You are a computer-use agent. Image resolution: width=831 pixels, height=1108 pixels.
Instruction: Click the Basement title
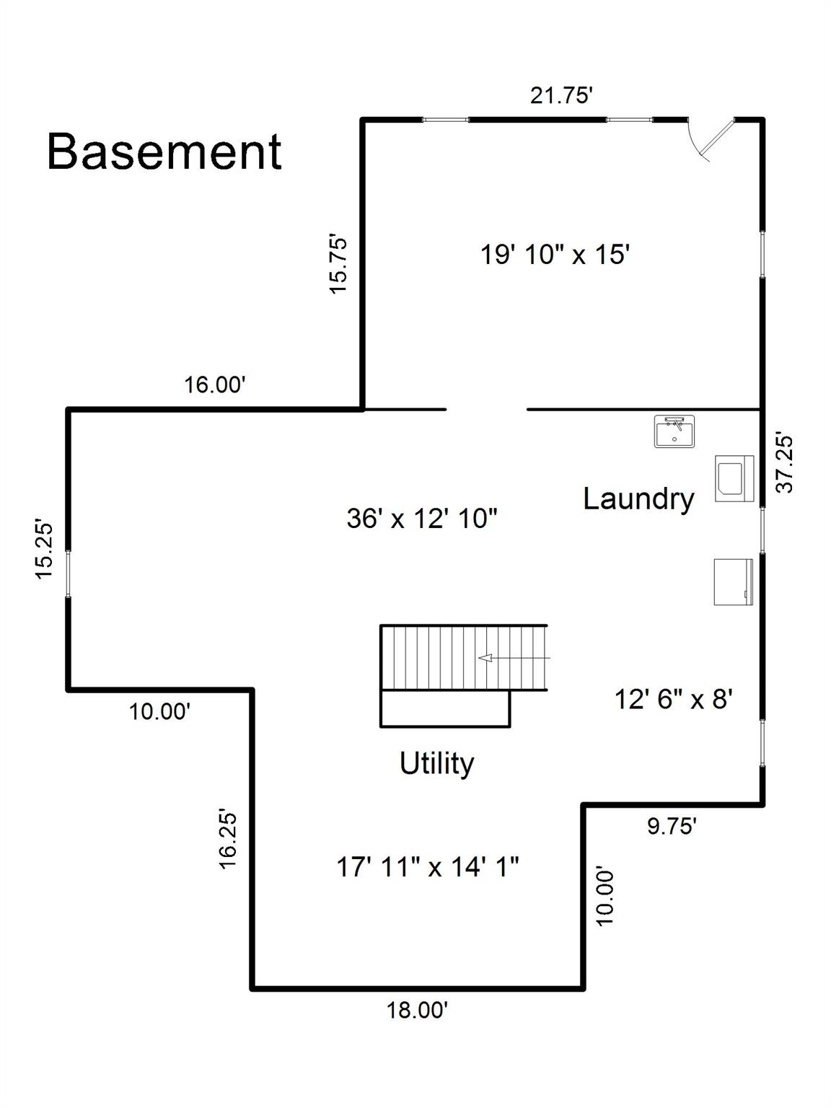[x=164, y=151]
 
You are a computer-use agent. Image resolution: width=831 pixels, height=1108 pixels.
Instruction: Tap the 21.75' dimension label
[x=560, y=95]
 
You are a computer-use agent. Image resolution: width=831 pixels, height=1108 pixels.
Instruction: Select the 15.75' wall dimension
[x=338, y=263]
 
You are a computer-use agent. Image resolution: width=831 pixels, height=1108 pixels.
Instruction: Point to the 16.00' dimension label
[x=214, y=384]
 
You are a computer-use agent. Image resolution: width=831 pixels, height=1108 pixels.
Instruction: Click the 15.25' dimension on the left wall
[x=44, y=549]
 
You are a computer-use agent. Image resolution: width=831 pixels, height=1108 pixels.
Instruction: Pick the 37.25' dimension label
[x=785, y=462]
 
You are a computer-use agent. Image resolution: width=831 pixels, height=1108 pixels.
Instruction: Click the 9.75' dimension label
[x=672, y=827]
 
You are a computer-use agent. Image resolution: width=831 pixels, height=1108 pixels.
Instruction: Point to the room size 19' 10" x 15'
[x=555, y=254]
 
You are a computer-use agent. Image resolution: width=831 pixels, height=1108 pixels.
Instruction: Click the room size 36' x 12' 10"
[x=422, y=518]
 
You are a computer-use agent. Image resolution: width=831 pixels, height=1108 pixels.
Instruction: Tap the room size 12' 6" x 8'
[x=674, y=699]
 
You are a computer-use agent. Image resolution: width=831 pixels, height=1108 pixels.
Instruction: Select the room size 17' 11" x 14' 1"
[x=427, y=867]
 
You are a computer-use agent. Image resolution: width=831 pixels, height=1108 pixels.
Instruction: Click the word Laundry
[x=639, y=500]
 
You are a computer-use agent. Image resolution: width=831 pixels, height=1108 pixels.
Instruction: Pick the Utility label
[x=437, y=763]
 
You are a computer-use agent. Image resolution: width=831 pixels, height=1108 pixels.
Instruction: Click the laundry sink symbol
[x=674, y=431]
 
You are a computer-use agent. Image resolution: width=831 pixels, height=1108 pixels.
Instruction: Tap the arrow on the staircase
[x=514, y=658]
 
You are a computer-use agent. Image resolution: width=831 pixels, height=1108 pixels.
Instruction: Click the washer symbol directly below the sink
[x=734, y=478]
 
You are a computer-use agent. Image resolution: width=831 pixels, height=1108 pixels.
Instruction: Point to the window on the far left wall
[x=68, y=574]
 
